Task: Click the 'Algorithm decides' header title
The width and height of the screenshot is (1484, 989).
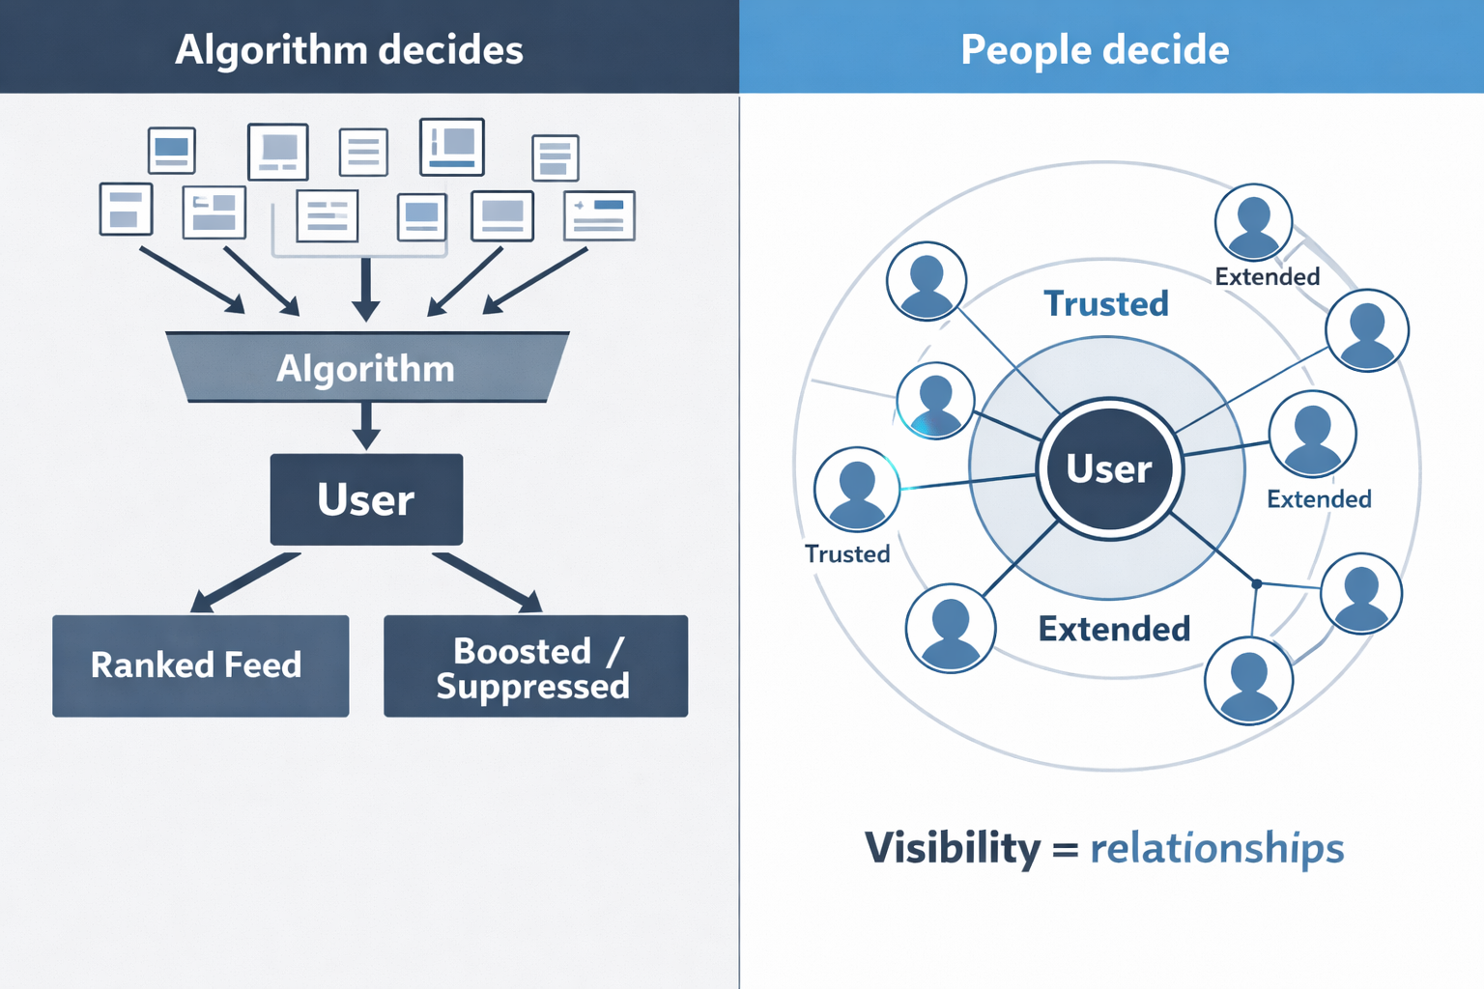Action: (x=349, y=49)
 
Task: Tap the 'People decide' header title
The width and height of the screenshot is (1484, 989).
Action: (x=1094, y=49)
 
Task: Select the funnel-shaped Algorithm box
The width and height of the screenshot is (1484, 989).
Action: (x=366, y=368)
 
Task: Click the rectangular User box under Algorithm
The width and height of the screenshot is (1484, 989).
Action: (x=366, y=499)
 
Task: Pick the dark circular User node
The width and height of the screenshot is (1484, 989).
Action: (x=1109, y=468)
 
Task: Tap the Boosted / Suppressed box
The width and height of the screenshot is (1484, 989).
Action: (x=535, y=666)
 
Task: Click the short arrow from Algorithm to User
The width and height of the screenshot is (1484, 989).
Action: (x=366, y=425)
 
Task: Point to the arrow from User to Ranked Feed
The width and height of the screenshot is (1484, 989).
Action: (x=245, y=582)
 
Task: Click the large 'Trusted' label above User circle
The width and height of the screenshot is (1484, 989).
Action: (x=1106, y=304)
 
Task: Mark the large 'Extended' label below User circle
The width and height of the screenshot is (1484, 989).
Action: (x=1114, y=630)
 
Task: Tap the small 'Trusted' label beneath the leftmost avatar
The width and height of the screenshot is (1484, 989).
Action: (x=847, y=554)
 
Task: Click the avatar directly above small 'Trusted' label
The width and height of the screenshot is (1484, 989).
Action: (x=857, y=489)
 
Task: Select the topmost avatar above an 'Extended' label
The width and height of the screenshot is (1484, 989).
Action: (x=1253, y=223)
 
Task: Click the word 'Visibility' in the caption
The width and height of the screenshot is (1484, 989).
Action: (x=953, y=848)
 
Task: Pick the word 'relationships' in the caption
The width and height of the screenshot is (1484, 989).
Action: (x=1216, y=848)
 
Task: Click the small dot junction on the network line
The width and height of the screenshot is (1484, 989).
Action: (x=1257, y=583)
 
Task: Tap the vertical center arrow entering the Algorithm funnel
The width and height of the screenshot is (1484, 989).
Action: (x=366, y=288)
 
